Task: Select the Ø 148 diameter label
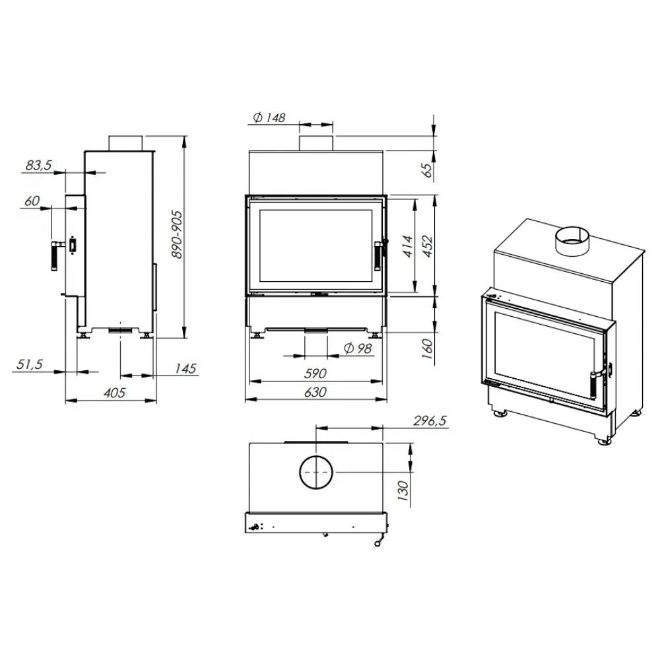pyautogui.click(x=269, y=117)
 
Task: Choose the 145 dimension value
pyautogui.click(x=186, y=368)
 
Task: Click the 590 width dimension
pyautogui.click(x=315, y=374)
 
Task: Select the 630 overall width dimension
pyautogui.click(x=315, y=392)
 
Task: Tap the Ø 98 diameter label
pyautogui.click(x=359, y=348)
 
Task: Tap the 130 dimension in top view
pyautogui.click(x=403, y=489)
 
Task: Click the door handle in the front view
pyautogui.click(x=378, y=256)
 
